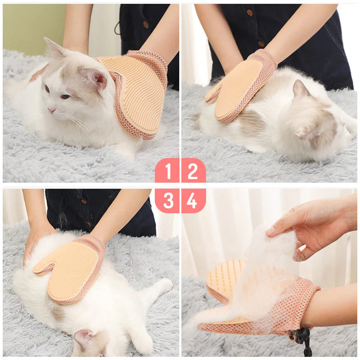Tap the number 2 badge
click(x=193, y=171)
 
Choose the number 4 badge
click(x=193, y=201)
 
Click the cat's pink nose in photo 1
click(x=51, y=110)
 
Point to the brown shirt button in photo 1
click(x=145, y=24)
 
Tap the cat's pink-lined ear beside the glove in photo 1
click(x=94, y=77)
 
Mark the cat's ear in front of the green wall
click(x=54, y=48)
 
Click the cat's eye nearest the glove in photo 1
click(x=65, y=97)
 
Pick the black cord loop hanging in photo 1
click(x=117, y=27)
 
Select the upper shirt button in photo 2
click(x=250, y=13)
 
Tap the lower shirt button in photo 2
click(x=261, y=44)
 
